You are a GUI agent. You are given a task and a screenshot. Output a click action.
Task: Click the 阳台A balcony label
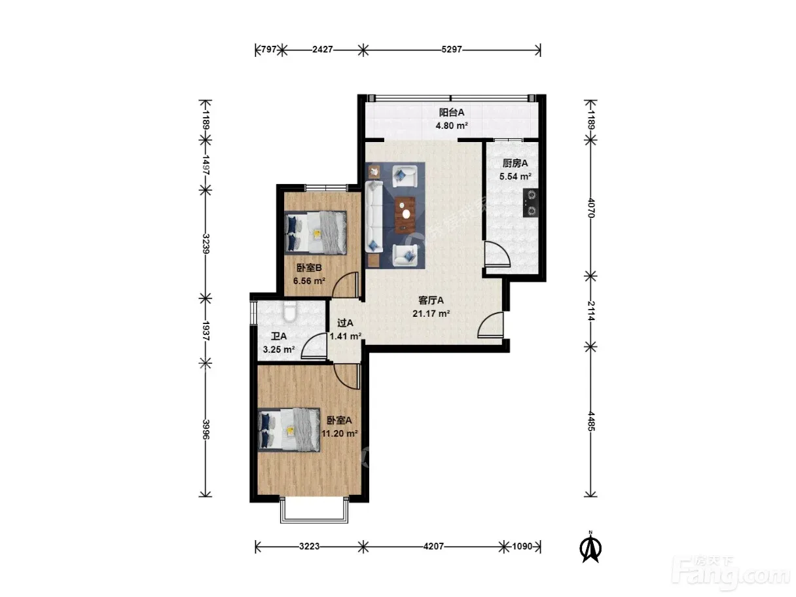(451, 113)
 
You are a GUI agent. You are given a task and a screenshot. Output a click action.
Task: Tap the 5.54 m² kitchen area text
(515, 177)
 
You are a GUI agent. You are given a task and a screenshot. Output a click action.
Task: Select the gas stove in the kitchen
(530, 203)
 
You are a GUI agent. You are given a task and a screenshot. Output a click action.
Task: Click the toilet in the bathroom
(290, 311)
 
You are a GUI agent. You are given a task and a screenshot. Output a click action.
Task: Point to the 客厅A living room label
(431, 300)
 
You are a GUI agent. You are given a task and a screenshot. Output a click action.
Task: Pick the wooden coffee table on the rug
(405, 215)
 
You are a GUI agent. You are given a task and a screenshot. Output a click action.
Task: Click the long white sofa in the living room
(374, 217)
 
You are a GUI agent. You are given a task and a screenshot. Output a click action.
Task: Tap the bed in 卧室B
(316, 232)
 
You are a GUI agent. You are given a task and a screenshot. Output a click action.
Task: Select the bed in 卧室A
(289, 430)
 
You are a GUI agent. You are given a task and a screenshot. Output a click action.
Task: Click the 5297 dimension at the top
(452, 49)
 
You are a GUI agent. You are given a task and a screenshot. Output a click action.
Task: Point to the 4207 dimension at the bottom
(433, 546)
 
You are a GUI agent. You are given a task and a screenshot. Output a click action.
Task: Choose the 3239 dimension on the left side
(206, 244)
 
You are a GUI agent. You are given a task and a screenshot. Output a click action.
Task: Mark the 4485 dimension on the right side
(590, 421)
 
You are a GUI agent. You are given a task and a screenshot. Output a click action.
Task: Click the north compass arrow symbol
(590, 547)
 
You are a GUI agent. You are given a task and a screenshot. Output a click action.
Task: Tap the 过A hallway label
(345, 323)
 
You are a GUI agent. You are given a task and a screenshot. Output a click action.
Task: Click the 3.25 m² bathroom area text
(278, 350)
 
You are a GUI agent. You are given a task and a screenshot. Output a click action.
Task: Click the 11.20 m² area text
(340, 433)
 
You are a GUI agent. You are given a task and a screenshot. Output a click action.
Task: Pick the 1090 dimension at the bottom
(522, 546)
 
